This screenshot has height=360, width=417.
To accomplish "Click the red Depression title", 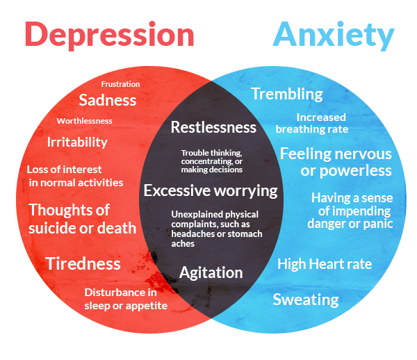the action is pyautogui.click(x=110, y=35).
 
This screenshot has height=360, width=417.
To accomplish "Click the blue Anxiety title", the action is pyautogui.click(x=334, y=35).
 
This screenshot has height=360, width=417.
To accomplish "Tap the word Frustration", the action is pyautogui.click(x=120, y=84).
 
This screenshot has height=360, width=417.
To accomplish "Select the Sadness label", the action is pyautogui.click(x=108, y=100).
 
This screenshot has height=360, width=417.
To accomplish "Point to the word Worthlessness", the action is pyautogui.click(x=84, y=121).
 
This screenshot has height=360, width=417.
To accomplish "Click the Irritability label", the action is pyautogui.click(x=77, y=142).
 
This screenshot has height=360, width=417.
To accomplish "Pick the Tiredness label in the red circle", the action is pyautogui.click(x=83, y=264).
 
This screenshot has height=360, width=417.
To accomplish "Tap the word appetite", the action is pyautogui.click(x=147, y=306).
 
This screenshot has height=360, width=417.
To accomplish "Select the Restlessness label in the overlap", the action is pyautogui.click(x=213, y=127).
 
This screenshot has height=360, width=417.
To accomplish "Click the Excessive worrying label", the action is pyautogui.click(x=211, y=191).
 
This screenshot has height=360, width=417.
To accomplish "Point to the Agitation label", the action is pyautogui.click(x=211, y=273).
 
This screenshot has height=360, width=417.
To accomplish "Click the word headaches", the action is pyautogui.click(x=193, y=234).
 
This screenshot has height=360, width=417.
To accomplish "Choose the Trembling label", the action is pyautogui.click(x=287, y=95).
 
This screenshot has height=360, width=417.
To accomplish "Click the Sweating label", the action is pyautogui.click(x=306, y=300).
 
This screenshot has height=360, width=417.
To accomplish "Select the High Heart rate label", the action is pyautogui.click(x=325, y=264).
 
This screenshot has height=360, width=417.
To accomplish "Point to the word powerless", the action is pyautogui.click(x=356, y=171).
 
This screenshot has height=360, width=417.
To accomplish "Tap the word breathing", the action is pyautogui.click(x=300, y=129).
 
